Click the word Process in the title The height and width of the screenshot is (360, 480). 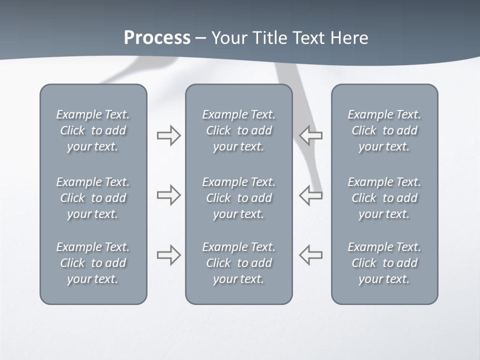(x=157, y=38)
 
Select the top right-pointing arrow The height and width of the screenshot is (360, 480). (x=168, y=135)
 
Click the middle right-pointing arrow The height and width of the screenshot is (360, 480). (x=168, y=195)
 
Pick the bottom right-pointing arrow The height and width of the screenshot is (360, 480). (x=168, y=255)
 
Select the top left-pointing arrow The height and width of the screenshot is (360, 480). (x=311, y=135)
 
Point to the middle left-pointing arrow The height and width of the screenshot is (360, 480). (x=311, y=195)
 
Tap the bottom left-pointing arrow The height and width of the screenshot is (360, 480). (x=311, y=255)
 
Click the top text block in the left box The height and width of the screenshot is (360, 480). (x=93, y=130)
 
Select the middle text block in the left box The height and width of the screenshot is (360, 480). (x=93, y=198)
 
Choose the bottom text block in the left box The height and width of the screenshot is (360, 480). (x=93, y=263)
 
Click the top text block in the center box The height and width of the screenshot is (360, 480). (x=238, y=130)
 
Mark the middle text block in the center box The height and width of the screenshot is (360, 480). (x=238, y=198)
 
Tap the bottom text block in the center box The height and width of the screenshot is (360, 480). (x=238, y=263)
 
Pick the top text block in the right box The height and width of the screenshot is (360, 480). (x=384, y=130)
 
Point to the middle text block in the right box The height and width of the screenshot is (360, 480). (x=384, y=198)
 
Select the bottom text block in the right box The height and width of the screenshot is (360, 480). (x=384, y=263)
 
